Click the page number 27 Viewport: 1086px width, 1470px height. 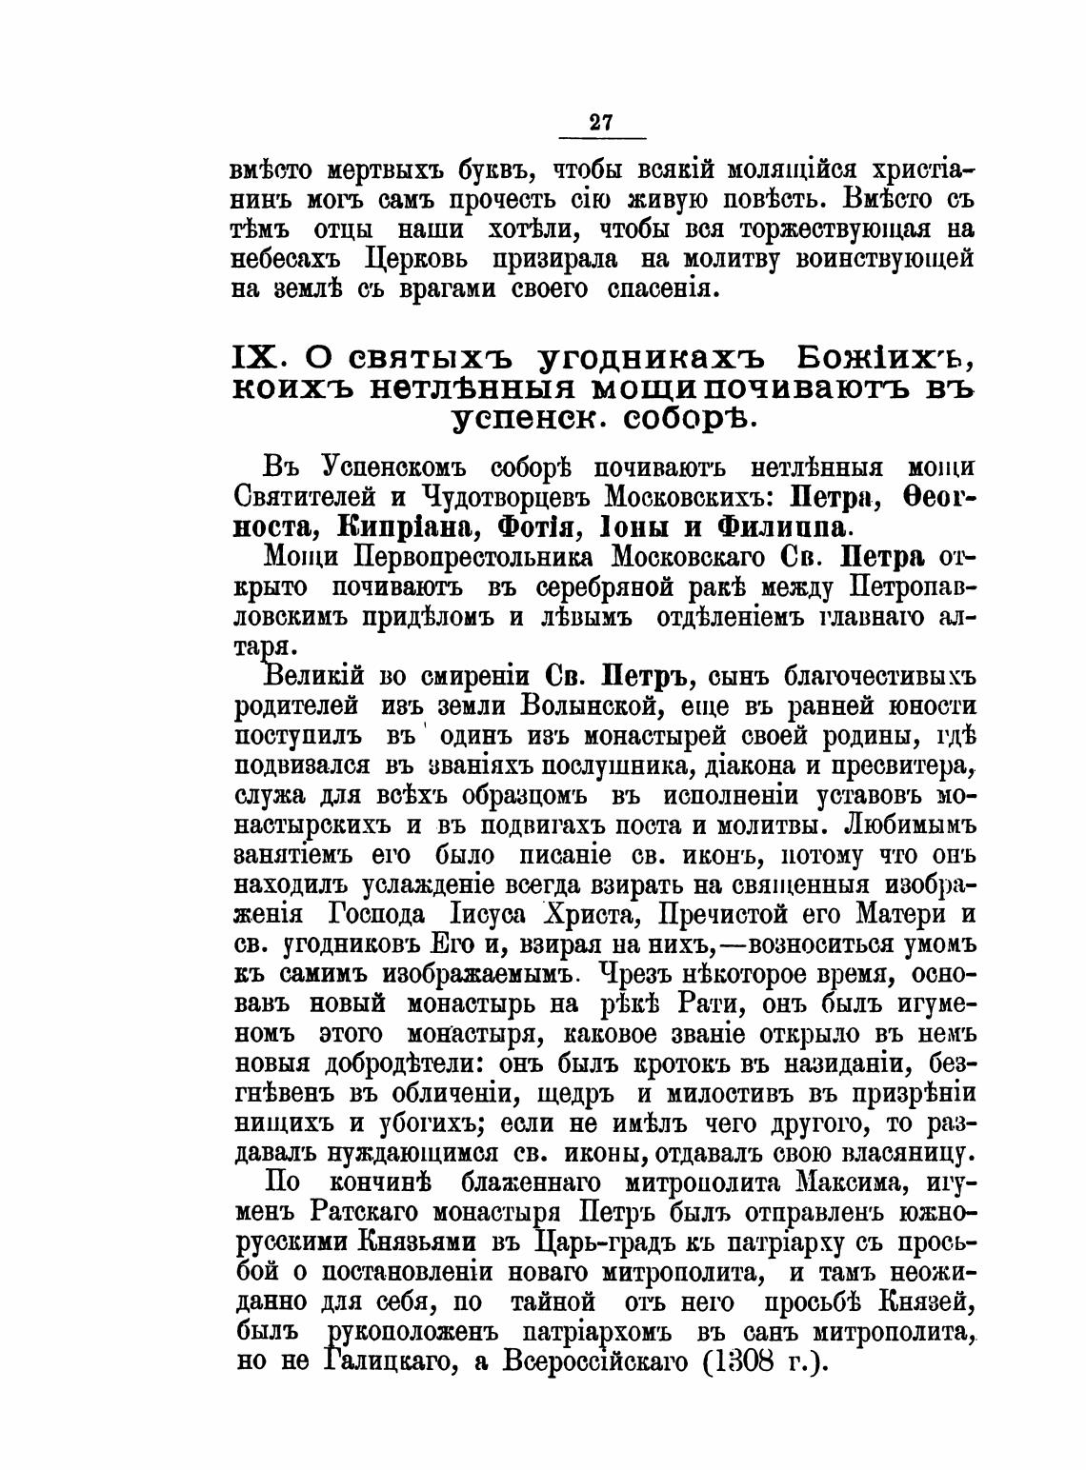pos(600,123)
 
